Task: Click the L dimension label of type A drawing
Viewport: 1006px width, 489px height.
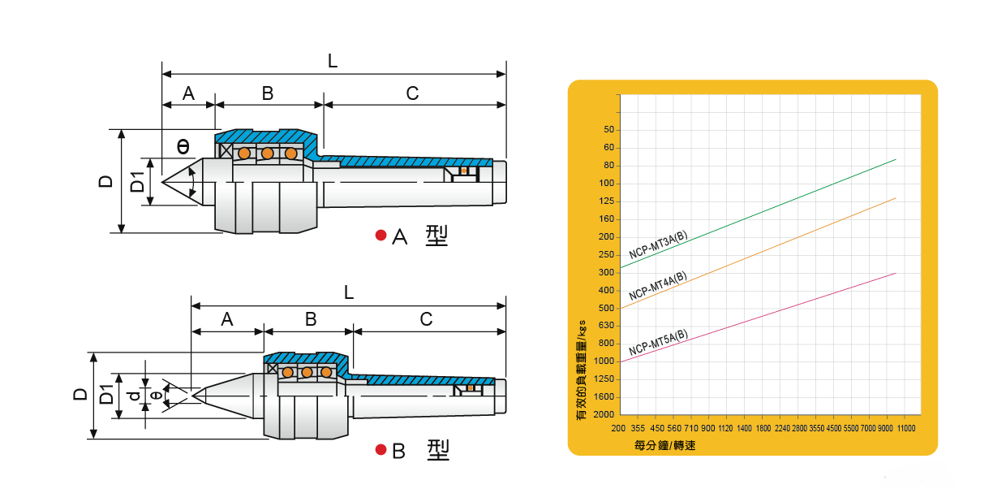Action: (x=333, y=61)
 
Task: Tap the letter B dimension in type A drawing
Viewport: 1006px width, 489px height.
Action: (x=268, y=93)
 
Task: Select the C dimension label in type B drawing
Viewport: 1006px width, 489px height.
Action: (x=427, y=319)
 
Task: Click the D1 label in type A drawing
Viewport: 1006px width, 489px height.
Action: (x=138, y=182)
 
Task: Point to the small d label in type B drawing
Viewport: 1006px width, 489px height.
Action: (x=134, y=396)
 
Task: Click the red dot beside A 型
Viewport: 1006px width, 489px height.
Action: (x=380, y=236)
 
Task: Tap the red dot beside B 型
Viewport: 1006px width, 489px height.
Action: (x=380, y=449)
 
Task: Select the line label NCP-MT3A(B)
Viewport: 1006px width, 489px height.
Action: (x=659, y=244)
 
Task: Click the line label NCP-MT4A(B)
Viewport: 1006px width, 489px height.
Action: (x=657, y=286)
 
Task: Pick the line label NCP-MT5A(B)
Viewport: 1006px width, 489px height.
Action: (x=659, y=342)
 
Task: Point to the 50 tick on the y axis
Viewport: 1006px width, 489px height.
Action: (x=608, y=130)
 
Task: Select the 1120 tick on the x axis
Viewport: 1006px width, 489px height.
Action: (x=726, y=428)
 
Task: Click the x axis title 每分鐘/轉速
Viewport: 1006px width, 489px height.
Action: (x=665, y=446)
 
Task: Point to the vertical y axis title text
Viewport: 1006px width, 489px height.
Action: (x=580, y=370)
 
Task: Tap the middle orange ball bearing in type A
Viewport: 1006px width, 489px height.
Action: (x=267, y=154)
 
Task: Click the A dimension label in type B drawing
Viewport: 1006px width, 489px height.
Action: (x=227, y=319)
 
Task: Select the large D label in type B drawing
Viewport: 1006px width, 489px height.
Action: (x=80, y=394)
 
